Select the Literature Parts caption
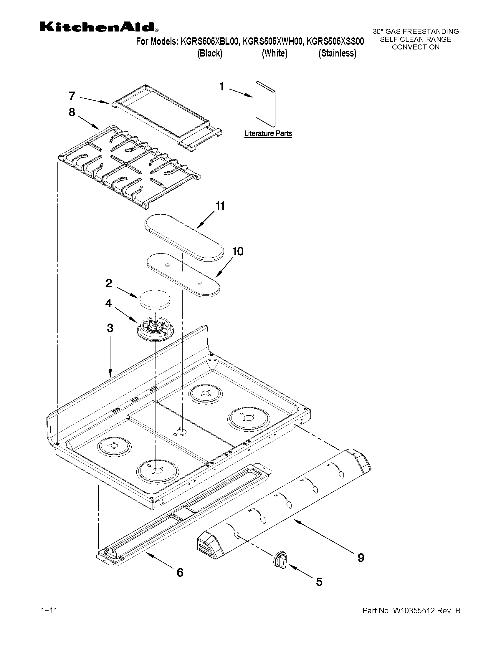click(268, 134)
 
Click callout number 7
click(72, 96)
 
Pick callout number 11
click(220, 205)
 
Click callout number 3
click(110, 328)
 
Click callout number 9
click(361, 558)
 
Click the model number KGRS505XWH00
click(273, 42)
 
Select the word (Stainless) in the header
click(337, 53)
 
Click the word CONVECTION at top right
click(416, 47)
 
